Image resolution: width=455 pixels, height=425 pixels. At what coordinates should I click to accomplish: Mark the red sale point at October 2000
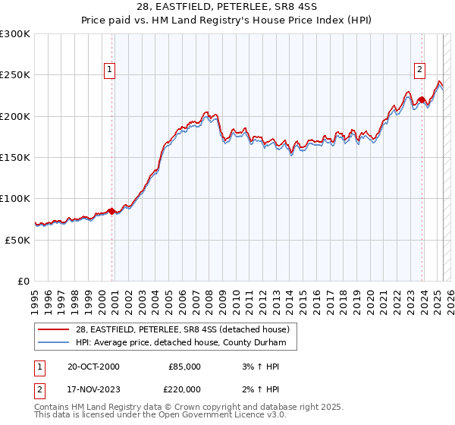pyautogui.click(x=112, y=211)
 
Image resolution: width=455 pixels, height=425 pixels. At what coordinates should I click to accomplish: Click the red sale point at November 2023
pyautogui.click(x=422, y=100)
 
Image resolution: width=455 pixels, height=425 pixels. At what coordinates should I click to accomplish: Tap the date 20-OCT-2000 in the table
pyautogui.click(x=88, y=366)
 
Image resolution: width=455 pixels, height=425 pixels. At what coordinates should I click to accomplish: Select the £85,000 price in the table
pyautogui.click(x=184, y=366)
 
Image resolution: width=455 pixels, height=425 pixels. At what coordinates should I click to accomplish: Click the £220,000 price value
pyautogui.click(x=184, y=390)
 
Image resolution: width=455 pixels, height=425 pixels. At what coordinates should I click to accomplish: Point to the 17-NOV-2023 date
pyautogui.click(x=88, y=390)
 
